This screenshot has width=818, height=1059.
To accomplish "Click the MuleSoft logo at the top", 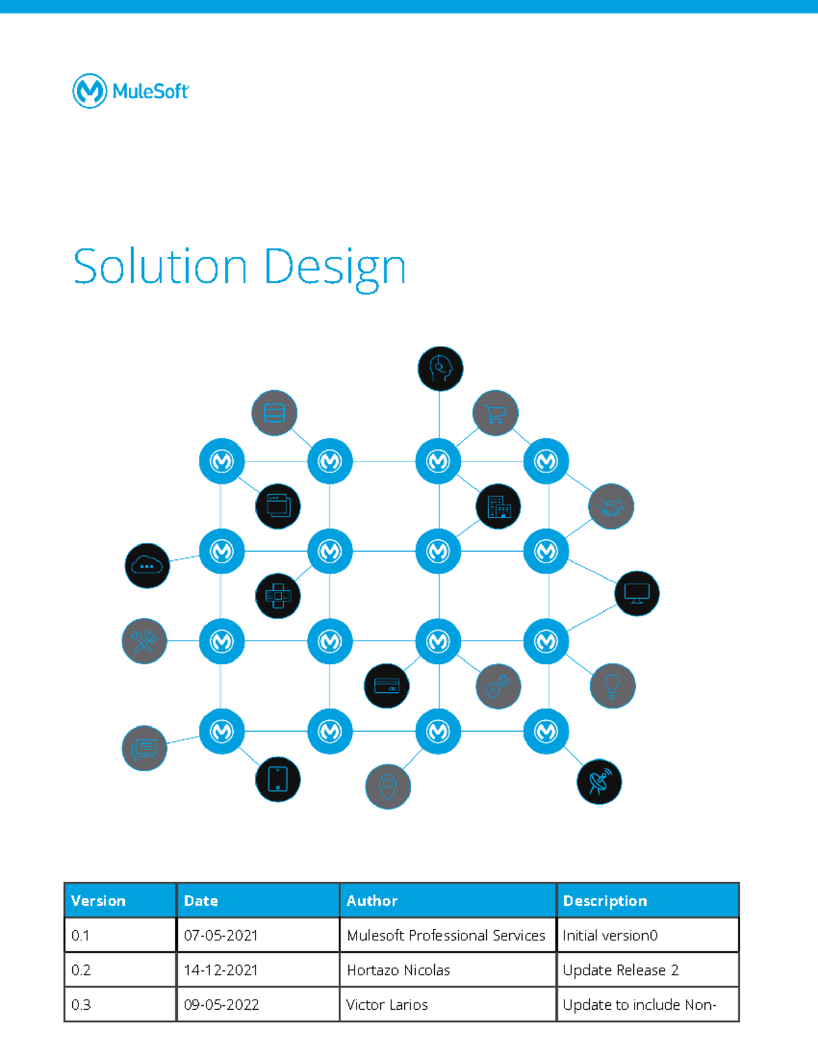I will pyautogui.click(x=130, y=91).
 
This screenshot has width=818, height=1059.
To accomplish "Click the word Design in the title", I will pyautogui.click(x=335, y=268).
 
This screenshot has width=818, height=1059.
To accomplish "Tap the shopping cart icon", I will pyautogui.click(x=496, y=413).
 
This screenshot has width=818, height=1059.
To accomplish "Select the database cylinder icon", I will pyautogui.click(x=274, y=413).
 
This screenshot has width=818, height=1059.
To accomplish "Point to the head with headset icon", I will pyautogui.click(x=440, y=369).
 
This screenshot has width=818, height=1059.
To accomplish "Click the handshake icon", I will pyautogui.click(x=611, y=507).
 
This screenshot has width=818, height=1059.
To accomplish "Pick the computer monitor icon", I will pyautogui.click(x=637, y=593).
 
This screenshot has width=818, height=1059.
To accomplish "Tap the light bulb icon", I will pyautogui.click(x=612, y=686).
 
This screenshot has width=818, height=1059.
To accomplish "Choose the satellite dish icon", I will pyautogui.click(x=599, y=781).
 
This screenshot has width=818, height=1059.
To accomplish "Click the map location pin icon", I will pyautogui.click(x=388, y=787).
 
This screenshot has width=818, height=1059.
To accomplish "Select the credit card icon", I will pyautogui.click(x=387, y=685).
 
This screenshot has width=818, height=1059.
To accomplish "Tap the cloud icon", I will pyautogui.click(x=147, y=566).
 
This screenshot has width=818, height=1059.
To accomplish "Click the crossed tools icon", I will pyautogui.click(x=145, y=641).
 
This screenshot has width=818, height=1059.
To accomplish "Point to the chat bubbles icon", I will pyautogui.click(x=145, y=749).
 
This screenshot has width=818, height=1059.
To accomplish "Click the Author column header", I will pyautogui.click(x=372, y=901).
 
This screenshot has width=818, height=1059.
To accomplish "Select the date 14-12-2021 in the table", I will pyautogui.click(x=221, y=970).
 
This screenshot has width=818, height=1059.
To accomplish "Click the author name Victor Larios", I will pyautogui.click(x=387, y=1004).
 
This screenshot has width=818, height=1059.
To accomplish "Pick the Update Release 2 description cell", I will pyautogui.click(x=620, y=970).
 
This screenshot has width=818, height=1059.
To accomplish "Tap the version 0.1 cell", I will pyautogui.click(x=80, y=936).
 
